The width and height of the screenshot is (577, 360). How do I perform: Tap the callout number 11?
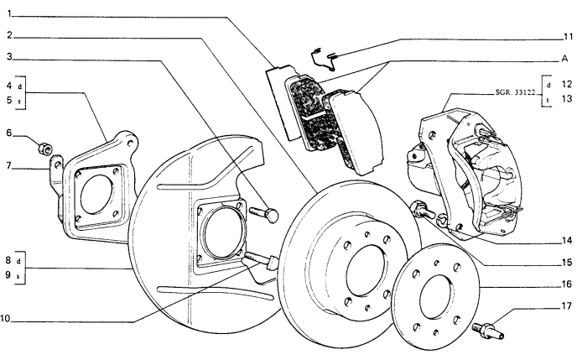(567, 37)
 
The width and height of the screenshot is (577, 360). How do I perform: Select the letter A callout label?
(566, 59)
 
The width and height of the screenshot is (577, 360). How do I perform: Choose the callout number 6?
(8, 133)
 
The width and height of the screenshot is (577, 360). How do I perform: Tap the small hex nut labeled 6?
(42, 150)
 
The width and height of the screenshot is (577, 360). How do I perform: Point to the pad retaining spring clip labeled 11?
(323, 56)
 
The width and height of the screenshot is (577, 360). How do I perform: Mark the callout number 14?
(567, 239)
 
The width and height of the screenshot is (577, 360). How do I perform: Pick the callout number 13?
(567, 98)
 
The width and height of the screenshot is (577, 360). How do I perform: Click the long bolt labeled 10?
(262, 263)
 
